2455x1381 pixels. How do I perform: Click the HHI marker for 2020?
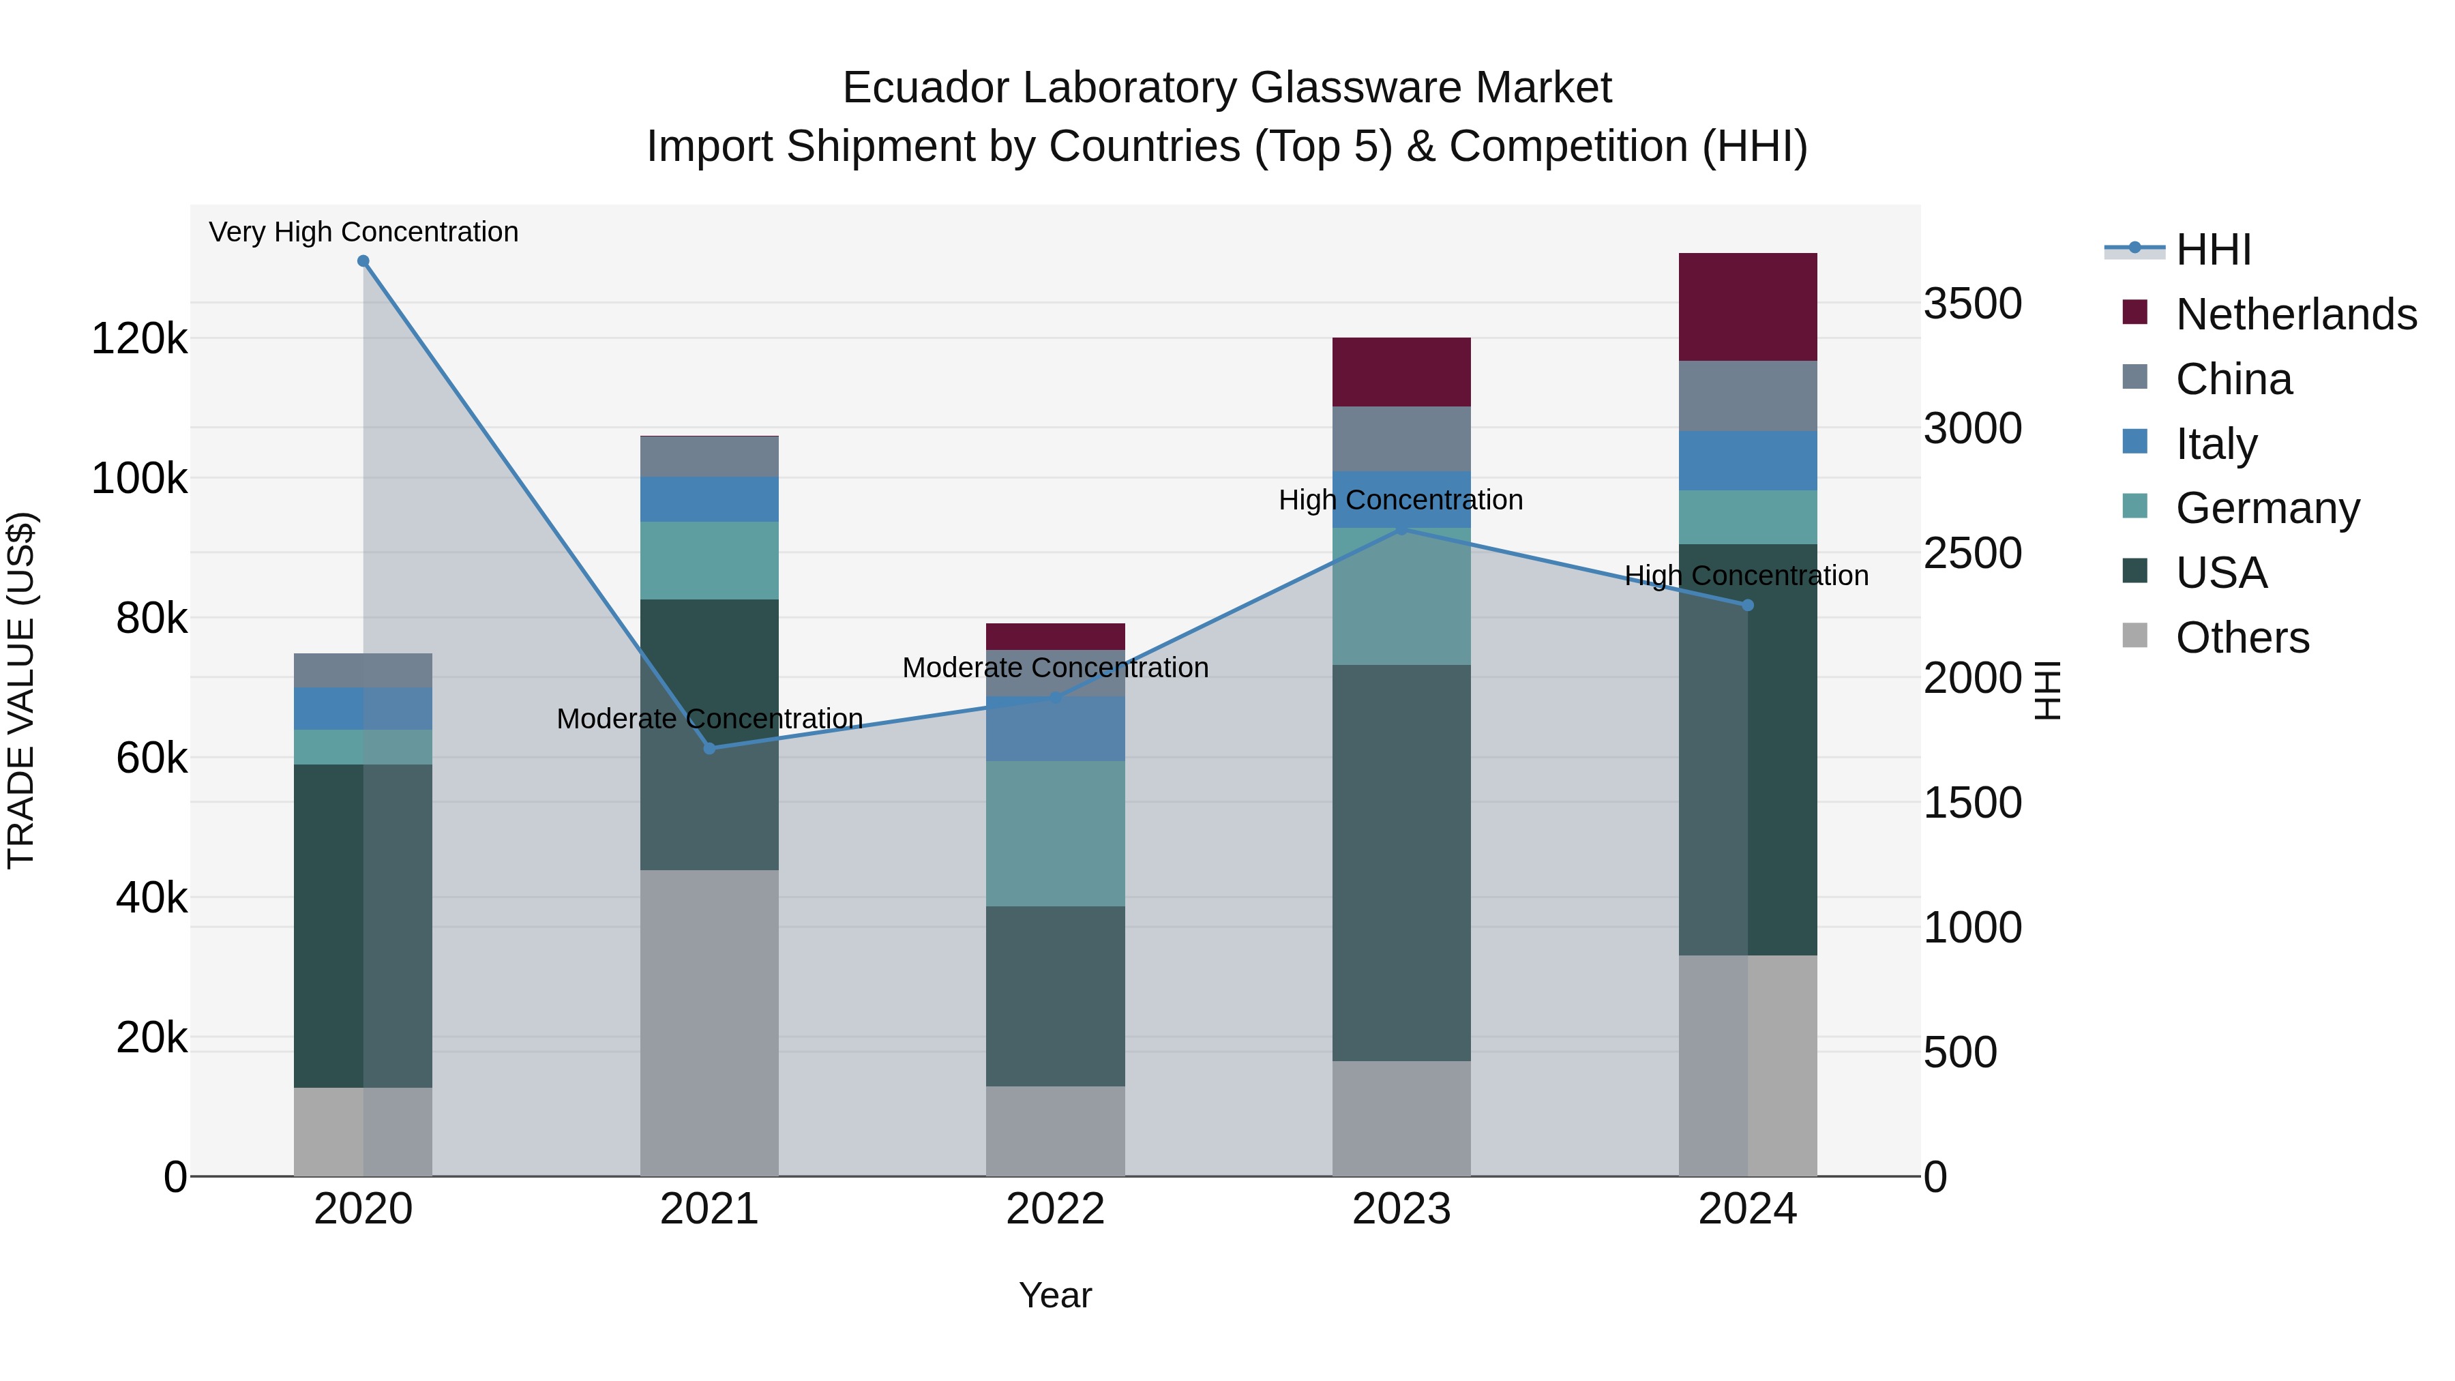coord(363,261)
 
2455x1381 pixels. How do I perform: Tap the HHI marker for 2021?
coord(709,748)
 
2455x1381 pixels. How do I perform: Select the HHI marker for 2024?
coord(1748,605)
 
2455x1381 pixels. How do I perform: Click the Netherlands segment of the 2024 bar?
coord(1748,307)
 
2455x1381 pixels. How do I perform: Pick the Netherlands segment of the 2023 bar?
coord(1401,372)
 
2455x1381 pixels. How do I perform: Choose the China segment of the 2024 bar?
coord(1748,396)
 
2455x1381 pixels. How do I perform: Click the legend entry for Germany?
coord(2267,508)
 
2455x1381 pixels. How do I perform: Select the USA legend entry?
coord(2220,573)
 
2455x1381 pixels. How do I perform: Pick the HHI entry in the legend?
coord(2213,250)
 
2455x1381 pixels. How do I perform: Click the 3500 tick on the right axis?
coord(1972,304)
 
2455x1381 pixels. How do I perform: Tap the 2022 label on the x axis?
coord(1055,1209)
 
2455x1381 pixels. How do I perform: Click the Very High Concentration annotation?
coord(363,232)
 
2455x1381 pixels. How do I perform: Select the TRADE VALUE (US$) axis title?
coord(21,690)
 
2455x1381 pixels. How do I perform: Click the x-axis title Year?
coord(1055,1295)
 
